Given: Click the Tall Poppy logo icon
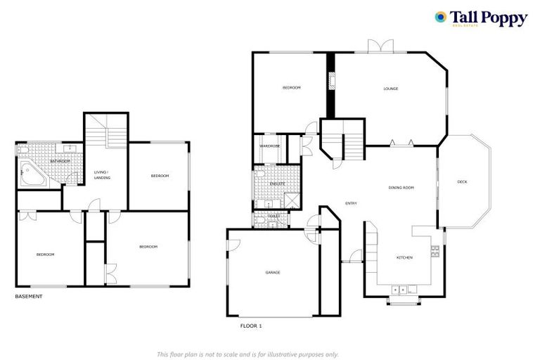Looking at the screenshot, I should [441, 17].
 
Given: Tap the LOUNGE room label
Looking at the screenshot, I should [391, 89].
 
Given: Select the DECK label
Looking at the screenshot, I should [462, 182].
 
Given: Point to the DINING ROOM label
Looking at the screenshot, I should [401, 188].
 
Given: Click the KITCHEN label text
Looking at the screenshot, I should [404, 258].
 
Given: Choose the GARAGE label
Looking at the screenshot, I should [273, 272].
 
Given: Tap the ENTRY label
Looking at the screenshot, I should [351, 204].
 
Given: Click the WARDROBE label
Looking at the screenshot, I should [269, 146].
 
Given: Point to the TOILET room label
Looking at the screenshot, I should [264, 216].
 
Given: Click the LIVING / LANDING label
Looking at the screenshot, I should [103, 174].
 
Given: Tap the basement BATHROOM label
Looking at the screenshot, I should [60, 162].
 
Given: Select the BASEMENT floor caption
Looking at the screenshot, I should [29, 297].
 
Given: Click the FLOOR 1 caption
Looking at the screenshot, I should [251, 326].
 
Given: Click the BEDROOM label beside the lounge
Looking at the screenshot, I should [292, 88].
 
